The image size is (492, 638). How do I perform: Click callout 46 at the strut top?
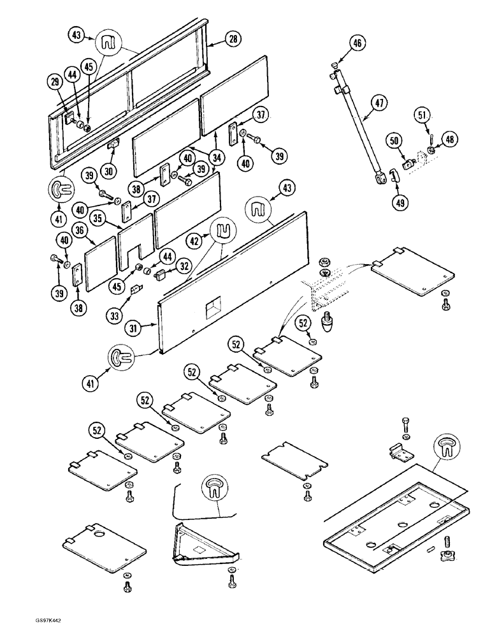point(357,43)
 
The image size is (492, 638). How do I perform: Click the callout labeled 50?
point(395,140)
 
